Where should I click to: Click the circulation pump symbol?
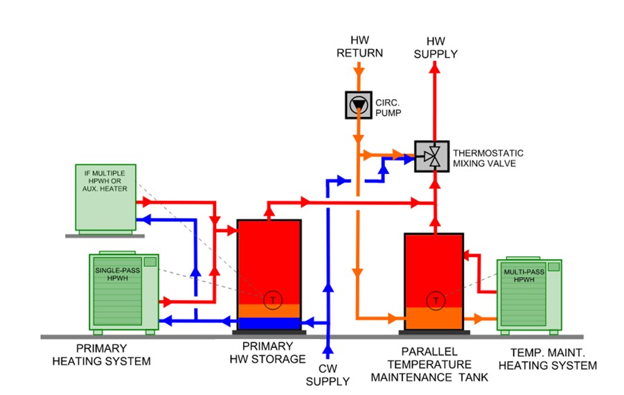(358, 105)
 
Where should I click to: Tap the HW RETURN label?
(355, 48)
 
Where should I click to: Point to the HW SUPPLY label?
(436, 48)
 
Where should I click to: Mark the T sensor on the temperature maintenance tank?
(436, 301)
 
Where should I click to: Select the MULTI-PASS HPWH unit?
(528, 295)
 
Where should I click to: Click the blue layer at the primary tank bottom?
(269, 323)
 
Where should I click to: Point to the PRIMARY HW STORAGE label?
(269, 353)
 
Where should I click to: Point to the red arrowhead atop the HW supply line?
(436, 66)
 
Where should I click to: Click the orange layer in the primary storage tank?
(269, 310)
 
